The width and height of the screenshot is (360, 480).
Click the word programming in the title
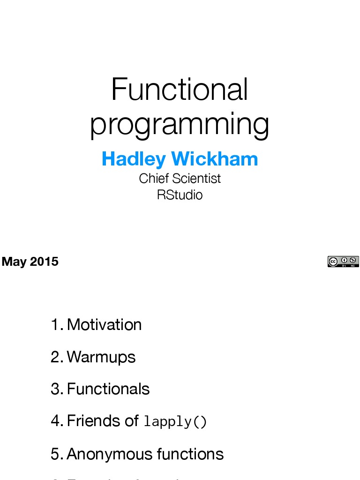pos(180,125)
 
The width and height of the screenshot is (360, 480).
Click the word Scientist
pos(196,179)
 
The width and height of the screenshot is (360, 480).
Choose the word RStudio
pos(180,195)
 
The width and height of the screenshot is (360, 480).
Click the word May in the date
pos(15,262)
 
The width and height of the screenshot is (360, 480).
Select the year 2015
pos(44,262)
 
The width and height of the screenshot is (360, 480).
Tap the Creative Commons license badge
pos(343,262)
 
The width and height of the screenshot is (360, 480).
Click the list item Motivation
pos(104,324)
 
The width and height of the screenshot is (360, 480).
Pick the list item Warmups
pos(101,357)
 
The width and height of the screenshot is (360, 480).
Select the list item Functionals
pos(108,389)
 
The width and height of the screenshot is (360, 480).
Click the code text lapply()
pos(175,422)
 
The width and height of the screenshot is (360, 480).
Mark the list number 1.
pos(56,324)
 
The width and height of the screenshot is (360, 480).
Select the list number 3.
pos(56,389)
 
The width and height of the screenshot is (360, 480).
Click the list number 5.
pos(56,454)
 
